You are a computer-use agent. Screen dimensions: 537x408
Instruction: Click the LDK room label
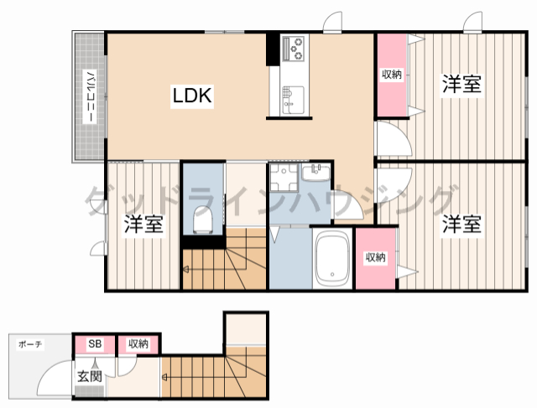point(192,96)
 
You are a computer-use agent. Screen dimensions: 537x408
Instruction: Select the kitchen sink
point(294,100)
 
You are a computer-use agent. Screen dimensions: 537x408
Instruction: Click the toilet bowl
point(203,219)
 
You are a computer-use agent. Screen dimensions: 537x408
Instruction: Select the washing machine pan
point(284,177)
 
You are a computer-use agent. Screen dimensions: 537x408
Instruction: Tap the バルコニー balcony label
point(90,96)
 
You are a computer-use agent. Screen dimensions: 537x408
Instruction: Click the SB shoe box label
point(95,343)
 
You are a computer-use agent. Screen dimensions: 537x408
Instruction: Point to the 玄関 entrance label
point(90,376)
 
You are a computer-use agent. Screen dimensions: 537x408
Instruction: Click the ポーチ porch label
point(30,344)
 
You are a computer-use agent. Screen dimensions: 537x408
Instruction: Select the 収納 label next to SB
point(138,343)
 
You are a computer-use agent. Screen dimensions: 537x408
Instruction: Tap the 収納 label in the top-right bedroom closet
point(392,75)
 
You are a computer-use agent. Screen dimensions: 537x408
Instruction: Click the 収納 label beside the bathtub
point(376,257)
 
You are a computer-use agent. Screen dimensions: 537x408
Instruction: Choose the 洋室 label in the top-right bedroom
point(462,84)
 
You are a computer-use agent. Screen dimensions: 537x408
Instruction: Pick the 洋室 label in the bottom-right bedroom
point(462,224)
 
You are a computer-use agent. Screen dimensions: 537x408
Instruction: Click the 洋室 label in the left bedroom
point(143,224)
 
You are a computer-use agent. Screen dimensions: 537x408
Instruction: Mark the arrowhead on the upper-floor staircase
point(185,270)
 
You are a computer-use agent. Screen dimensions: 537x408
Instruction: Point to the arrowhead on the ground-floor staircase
point(164,378)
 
